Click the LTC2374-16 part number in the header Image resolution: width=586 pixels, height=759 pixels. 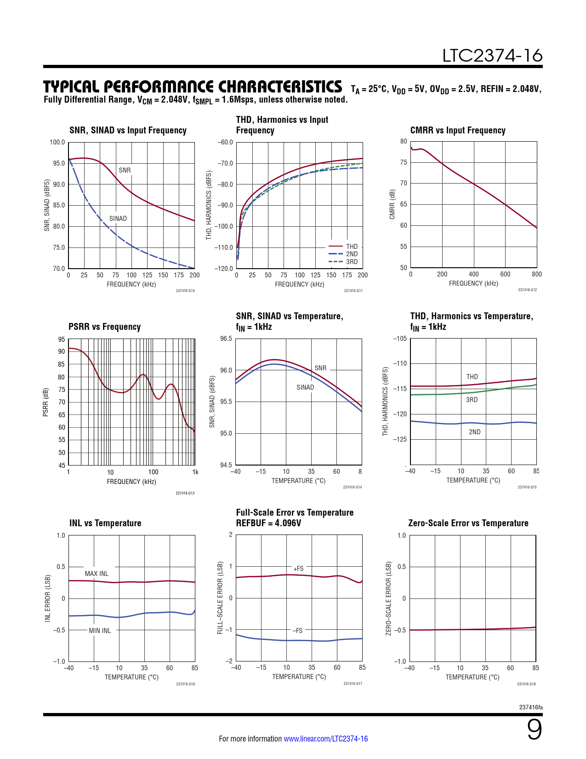(492, 56)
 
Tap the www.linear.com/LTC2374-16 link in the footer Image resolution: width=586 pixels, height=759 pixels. (325, 739)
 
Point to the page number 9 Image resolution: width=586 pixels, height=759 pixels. (534, 730)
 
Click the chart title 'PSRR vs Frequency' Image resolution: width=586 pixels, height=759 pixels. (104, 327)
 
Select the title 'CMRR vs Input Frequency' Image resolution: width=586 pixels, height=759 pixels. (457, 130)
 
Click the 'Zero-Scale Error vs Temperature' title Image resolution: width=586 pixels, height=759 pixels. (468, 523)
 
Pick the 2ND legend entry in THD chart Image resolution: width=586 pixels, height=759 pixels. (352, 254)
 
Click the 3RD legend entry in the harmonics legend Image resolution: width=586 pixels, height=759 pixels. (352, 262)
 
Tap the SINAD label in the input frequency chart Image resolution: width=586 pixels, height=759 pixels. (118, 218)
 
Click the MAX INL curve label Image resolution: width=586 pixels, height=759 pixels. (97, 574)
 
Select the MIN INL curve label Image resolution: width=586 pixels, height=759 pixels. (100, 631)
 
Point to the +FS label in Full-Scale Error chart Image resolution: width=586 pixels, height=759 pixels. (298, 569)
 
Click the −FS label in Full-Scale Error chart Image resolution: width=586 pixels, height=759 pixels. (297, 631)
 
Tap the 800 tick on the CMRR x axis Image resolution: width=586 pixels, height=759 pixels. (536, 274)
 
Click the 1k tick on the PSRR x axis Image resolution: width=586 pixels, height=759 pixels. (195, 472)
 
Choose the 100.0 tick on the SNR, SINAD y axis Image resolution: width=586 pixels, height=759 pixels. (57, 142)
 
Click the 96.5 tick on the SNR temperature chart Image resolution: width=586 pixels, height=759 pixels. (226, 339)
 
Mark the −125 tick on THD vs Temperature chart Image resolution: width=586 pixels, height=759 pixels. (400, 439)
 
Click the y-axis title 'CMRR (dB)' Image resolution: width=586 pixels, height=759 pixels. (392, 204)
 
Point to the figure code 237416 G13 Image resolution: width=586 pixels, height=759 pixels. (185, 493)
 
